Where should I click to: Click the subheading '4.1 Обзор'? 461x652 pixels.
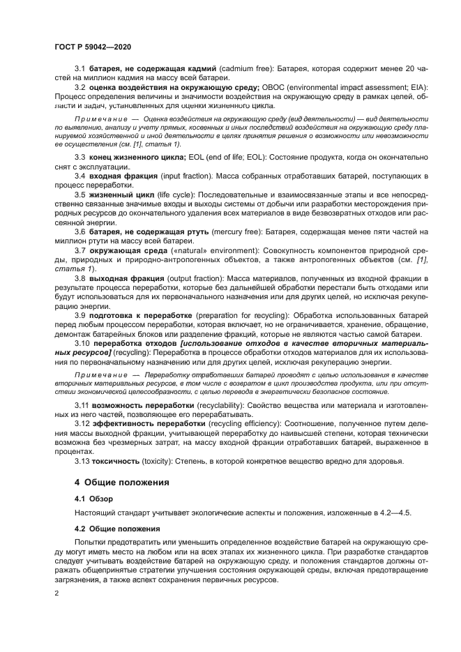(x=92, y=499)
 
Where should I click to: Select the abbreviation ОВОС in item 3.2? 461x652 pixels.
(x=274, y=87)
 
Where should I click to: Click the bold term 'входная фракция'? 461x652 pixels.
(x=122, y=178)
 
